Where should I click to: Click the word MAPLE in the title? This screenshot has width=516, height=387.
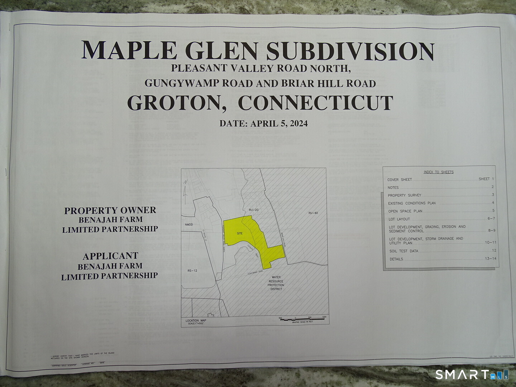(129, 51)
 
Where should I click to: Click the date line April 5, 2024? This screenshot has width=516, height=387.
(263, 124)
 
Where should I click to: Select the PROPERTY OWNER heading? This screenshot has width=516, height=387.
(110, 210)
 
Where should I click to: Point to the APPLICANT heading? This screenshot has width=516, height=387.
(110, 256)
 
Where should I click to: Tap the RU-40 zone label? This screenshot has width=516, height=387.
(313, 213)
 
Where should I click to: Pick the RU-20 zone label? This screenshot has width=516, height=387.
(253, 210)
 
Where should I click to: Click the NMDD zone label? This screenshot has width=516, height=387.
(189, 225)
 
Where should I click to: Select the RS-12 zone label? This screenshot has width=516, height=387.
(192, 271)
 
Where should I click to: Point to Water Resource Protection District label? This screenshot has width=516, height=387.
(276, 283)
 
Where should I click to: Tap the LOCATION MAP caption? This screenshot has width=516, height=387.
(196, 321)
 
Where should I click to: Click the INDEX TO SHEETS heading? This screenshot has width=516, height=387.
(439, 172)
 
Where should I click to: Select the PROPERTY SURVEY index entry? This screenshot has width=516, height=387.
(405, 195)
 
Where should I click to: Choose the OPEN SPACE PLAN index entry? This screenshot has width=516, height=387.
(405, 211)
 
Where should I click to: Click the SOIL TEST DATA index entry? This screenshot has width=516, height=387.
(404, 251)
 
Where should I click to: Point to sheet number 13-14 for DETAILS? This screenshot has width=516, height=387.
(491, 258)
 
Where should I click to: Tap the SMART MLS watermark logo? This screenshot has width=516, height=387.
(472, 375)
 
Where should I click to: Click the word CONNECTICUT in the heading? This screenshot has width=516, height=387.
(315, 103)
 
